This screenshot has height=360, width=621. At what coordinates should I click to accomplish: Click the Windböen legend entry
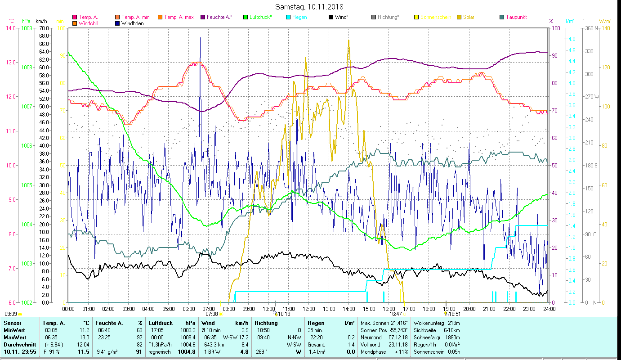132,23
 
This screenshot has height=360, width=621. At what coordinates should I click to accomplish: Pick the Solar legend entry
465,17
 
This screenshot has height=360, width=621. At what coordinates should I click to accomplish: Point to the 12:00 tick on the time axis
309,309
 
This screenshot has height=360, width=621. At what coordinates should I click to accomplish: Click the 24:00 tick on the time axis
549,309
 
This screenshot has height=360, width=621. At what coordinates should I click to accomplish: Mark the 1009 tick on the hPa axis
26,28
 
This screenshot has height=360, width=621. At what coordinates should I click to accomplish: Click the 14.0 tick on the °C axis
10,28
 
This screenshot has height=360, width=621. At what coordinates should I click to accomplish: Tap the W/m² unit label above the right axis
605,21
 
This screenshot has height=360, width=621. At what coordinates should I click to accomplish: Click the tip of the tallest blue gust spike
201,38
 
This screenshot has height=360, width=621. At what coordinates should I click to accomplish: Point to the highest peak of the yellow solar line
348,40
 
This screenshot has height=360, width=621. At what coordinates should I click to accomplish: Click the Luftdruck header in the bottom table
159,323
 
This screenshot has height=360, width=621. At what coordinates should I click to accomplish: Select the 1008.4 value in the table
188,337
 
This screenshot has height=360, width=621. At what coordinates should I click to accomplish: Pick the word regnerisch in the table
160,352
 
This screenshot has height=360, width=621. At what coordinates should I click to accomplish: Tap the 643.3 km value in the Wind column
214,345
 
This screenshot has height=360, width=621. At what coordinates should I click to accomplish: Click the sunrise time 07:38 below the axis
211,314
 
